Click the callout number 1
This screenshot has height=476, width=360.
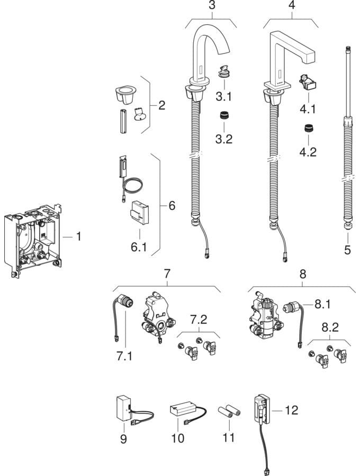(x=78, y=236)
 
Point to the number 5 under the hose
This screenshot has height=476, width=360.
(x=347, y=250)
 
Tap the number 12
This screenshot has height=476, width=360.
(x=291, y=410)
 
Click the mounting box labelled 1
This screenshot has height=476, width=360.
(x=33, y=237)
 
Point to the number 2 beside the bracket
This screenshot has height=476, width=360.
(x=161, y=106)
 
